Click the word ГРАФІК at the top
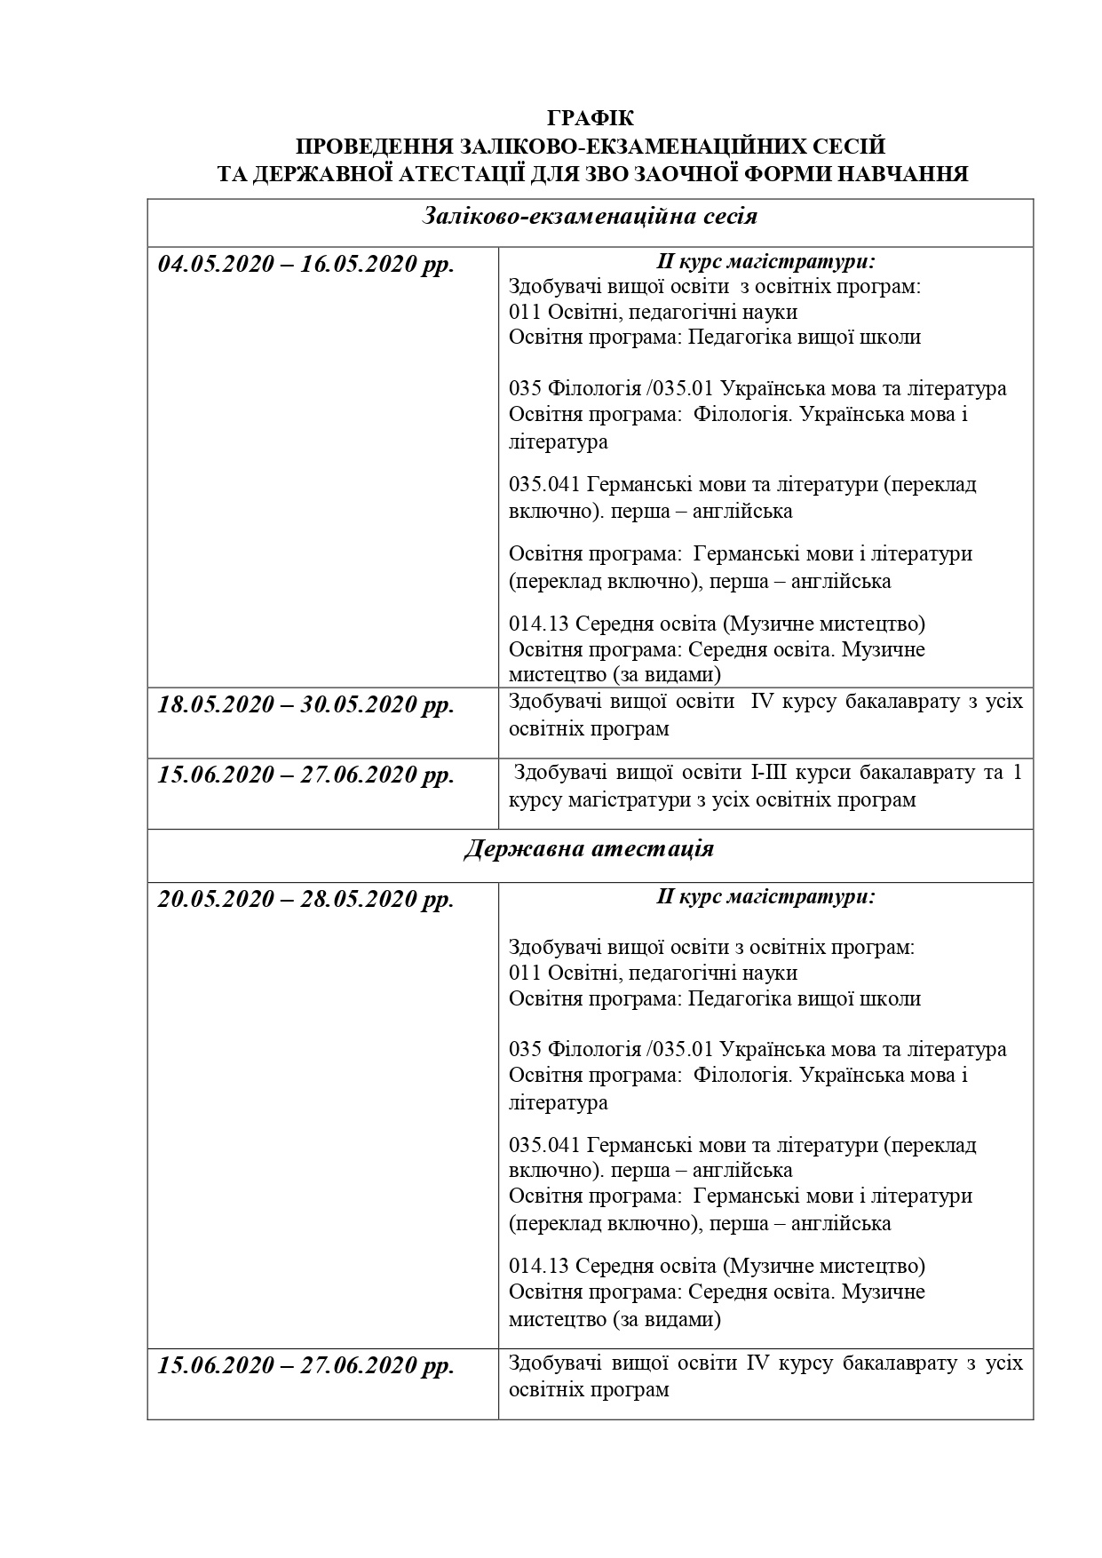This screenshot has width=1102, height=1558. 591,118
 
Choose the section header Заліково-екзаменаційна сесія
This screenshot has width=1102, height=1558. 590,216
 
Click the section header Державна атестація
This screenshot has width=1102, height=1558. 589,848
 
